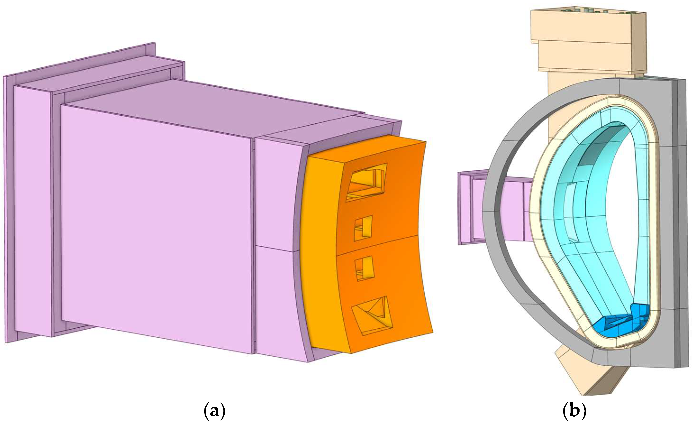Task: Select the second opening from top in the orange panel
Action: pos(363,228)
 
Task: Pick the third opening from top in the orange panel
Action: pos(364,268)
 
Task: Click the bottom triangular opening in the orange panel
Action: pos(372,316)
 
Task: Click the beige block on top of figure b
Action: pos(589,42)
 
